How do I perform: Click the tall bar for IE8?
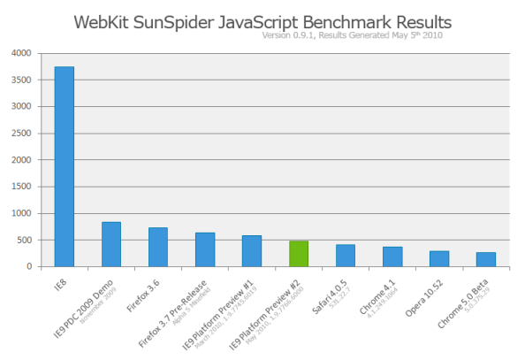[65, 166]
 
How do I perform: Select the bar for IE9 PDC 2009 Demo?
[111, 244]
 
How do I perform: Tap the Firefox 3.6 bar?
[158, 247]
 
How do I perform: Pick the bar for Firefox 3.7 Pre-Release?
[205, 249]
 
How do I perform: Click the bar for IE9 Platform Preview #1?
[252, 250]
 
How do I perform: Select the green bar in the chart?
[299, 253]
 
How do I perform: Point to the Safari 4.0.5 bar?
[346, 255]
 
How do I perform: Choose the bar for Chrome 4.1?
[392, 257]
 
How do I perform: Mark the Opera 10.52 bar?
[439, 258]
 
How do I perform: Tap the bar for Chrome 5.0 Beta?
[486, 259]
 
